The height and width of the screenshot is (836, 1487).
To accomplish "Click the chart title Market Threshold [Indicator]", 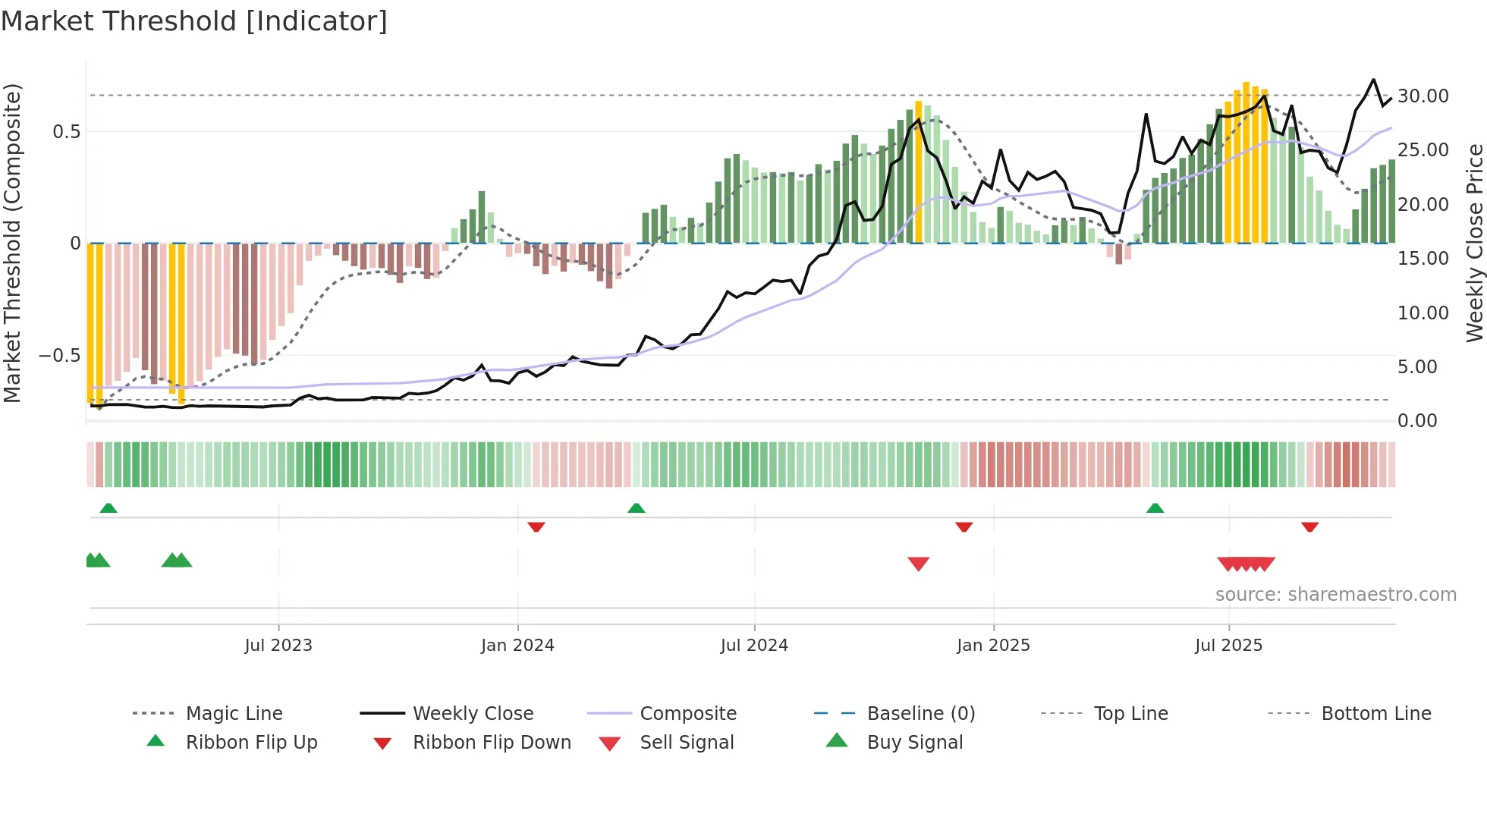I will click(x=194, y=21).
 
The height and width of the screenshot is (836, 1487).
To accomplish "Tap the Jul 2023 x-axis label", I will click(x=278, y=646).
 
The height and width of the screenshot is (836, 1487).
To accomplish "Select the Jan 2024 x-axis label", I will click(x=517, y=646).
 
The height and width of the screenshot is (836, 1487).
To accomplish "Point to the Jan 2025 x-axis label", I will click(x=993, y=646).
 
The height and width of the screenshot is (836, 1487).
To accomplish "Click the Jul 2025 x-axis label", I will click(x=1228, y=646).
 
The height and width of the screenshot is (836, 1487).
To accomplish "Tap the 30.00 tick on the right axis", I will click(x=1423, y=96).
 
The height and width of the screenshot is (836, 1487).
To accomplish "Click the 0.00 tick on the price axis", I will click(x=1416, y=421).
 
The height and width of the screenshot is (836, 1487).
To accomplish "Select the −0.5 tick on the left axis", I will click(x=59, y=356).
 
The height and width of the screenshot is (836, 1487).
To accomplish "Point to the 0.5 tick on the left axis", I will click(x=66, y=132).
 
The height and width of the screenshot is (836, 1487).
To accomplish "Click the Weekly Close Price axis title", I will click(x=1474, y=243).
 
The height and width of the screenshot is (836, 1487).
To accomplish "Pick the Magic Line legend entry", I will click(x=234, y=714).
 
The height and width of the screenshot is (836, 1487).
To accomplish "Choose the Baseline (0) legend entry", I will click(x=920, y=714).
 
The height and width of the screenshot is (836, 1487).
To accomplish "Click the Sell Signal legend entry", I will click(x=687, y=743).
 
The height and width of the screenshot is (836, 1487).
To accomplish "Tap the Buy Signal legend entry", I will click(x=914, y=743).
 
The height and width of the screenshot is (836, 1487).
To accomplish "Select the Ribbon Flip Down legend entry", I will click(x=491, y=743).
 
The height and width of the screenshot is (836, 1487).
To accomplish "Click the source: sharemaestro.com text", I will click(x=1335, y=595).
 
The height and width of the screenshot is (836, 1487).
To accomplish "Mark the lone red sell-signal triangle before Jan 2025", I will click(x=918, y=564).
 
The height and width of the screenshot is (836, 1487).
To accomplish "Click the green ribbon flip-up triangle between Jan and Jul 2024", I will click(x=637, y=508).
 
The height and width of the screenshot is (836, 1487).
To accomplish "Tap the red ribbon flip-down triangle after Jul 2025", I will click(x=1309, y=526).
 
